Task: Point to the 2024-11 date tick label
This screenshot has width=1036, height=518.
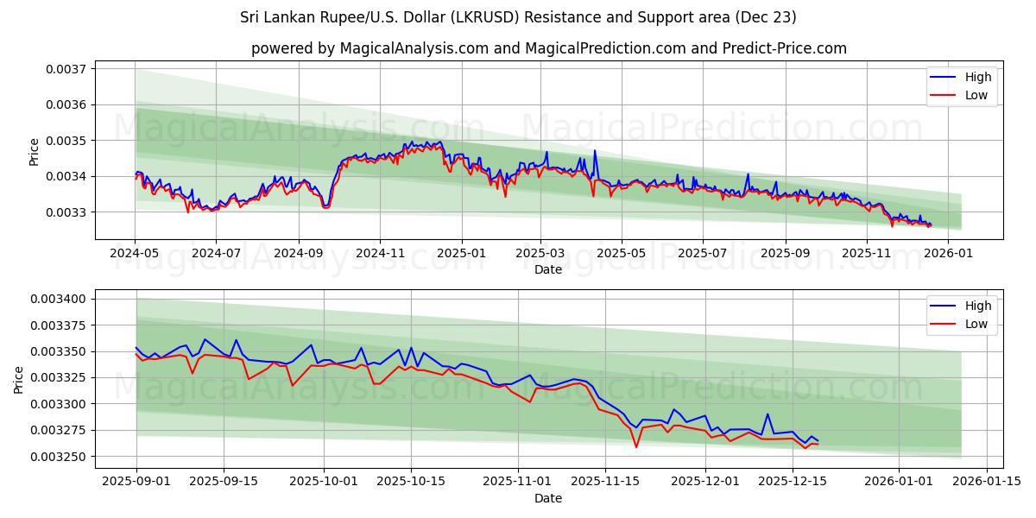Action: tap(380, 255)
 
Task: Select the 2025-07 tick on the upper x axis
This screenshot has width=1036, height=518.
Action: tap(702, 255)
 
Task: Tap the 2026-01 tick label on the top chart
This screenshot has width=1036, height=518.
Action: tap(948, 255)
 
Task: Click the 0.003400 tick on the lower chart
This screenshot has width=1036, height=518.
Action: tap(63, 299)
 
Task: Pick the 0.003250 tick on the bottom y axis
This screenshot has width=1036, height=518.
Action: tap(63, 457)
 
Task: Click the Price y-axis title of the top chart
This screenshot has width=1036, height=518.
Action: tap(35, 152)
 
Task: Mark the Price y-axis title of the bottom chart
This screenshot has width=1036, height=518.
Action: tap(19, 379)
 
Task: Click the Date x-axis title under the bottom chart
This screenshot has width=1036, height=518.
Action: tap(548, 498)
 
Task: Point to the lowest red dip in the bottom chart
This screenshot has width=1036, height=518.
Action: tap(636, 446)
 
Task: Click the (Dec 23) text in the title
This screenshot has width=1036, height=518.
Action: tap(766, 17)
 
